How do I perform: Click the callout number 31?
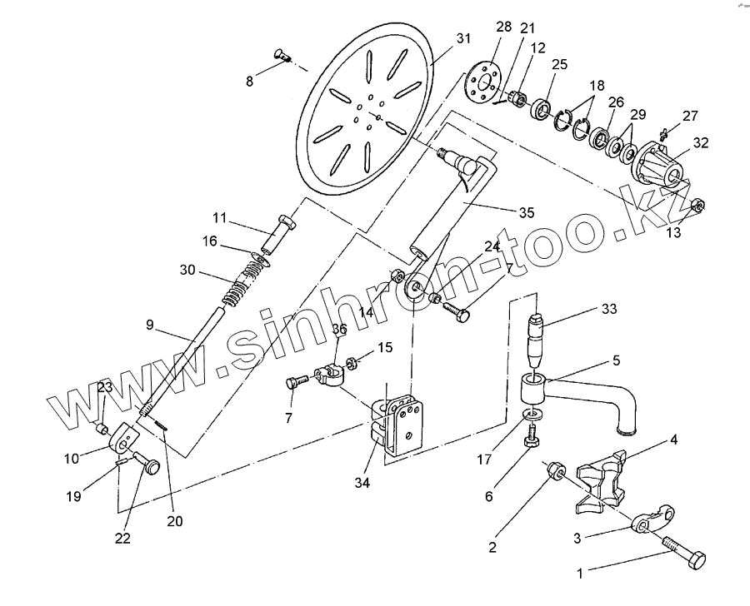click(463, 39)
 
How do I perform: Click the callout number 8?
click(248, 81)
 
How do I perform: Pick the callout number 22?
click(122, 538)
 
